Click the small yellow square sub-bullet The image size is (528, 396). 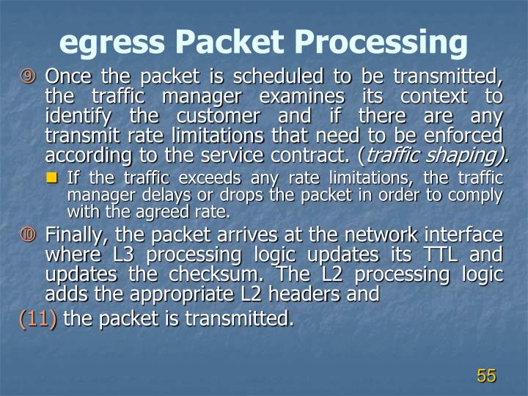[57, 177]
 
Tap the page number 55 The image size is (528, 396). [486, 375]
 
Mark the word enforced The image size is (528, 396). [468, 136]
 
